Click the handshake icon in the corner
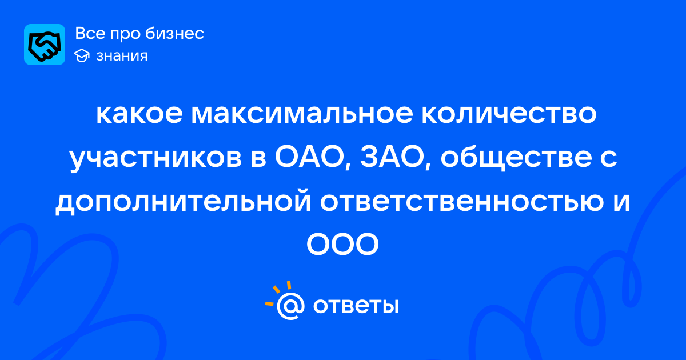[x=45, y=45]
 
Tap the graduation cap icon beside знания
[x=82, y=56]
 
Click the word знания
[x=122, y=56]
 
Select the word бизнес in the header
[x=174, y=33]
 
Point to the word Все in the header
[x=91, y=33]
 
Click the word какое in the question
[x=139, y=114]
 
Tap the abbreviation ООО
[x=342, y=245]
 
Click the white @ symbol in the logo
[x=290, y=306]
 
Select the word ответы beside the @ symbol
[x=356, y=306]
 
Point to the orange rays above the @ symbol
[x=278, y=293]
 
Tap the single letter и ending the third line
[x=622, y=203]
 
